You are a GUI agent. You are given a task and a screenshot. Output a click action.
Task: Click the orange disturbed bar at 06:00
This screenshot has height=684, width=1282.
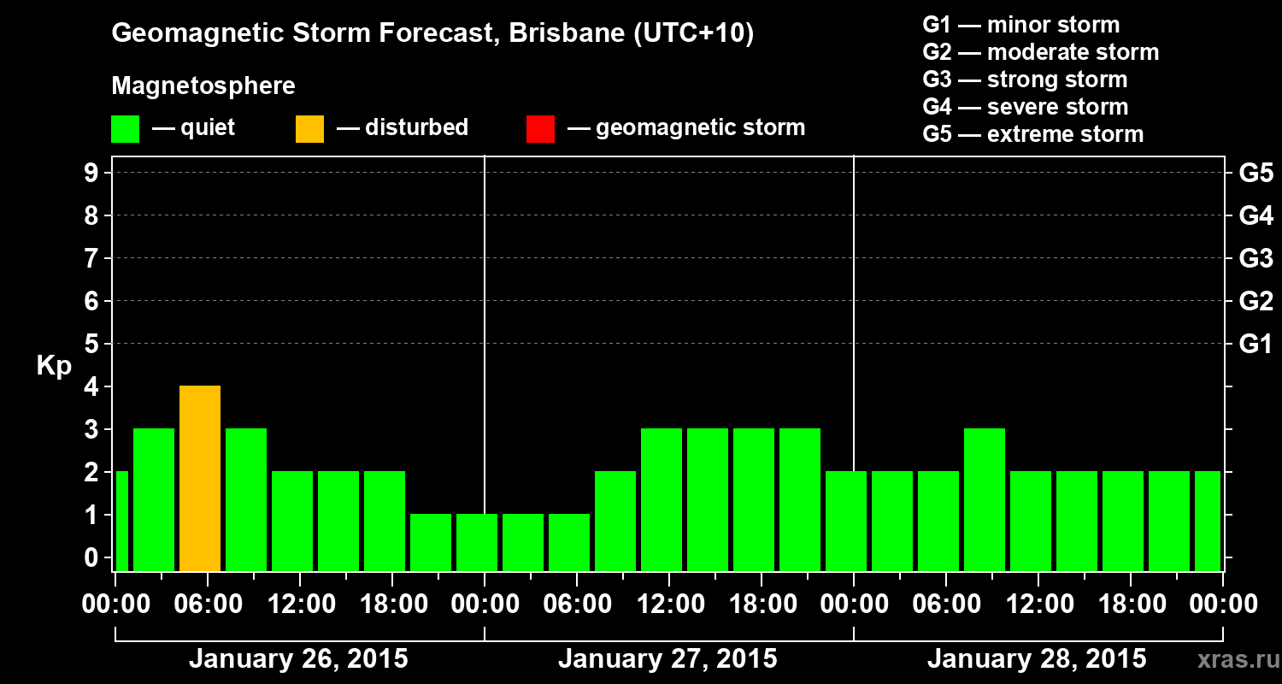pyautogui.click(x=200, y=478)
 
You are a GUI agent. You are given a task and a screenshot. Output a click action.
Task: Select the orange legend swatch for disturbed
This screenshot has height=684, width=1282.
pyautogui.click(x=309, y=128)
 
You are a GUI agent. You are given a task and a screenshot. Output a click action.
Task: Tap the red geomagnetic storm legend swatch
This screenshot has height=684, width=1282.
pyautogui.click(x=540, y=128)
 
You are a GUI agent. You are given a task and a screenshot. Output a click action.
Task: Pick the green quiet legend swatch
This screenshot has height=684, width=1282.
pyautogui.click(x=125, y=128)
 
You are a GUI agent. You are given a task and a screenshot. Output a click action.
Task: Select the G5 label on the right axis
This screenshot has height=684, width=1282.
pyautogui.click(x=1256, y=173)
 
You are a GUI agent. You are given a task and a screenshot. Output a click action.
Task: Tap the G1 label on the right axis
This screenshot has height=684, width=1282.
pyautogui.click(x=1256, y=344)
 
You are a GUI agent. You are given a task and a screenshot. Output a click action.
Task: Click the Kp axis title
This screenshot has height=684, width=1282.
pyautogui.click(x=54, y=366)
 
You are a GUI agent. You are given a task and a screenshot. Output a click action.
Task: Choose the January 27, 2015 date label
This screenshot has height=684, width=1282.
pyautogui.click(x=667, y=659)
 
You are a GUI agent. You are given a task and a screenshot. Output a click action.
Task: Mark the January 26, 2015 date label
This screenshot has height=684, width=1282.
pyautogui.click(x=298, y=659)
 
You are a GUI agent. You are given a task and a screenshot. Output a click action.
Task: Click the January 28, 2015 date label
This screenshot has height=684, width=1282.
pyautogui.click(x=1037, y=659)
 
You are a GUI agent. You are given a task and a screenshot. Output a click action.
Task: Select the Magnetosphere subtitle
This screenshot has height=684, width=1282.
pyautogui.click(x=203, y=86)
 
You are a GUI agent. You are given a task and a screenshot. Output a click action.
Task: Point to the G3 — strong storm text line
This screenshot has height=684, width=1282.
pyautogui.click(x=1025, y=80)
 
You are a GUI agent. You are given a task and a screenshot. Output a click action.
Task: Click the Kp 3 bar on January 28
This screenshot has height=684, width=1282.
pyautogui.click(x=985, y=499)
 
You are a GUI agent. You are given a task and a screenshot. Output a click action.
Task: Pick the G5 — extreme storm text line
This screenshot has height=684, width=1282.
pyautogui.click(x=1032, y=134)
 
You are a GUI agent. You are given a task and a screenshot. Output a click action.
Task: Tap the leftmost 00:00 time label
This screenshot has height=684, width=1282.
pyautogui.click(x=115, y=604)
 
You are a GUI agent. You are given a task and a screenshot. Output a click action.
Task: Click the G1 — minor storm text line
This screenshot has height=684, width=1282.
pyautogui.click(x=1020, y=25)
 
